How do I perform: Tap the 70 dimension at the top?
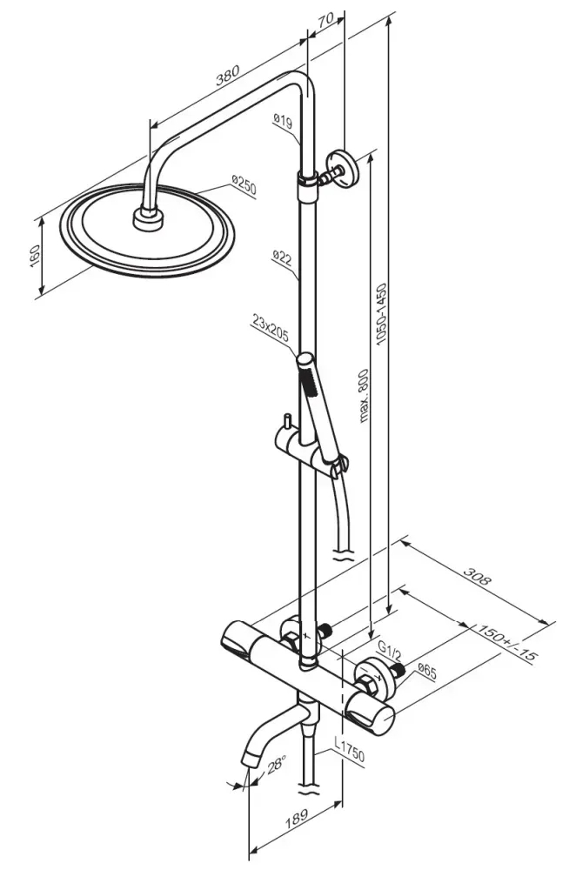[326, 19]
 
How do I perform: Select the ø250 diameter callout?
[244, 185]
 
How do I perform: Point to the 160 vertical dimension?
[35, 257]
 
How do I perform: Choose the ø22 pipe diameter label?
[283, 258]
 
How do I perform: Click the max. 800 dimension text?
[364, 396]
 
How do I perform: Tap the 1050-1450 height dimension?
[382, 314]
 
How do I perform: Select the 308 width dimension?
[478, 577]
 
